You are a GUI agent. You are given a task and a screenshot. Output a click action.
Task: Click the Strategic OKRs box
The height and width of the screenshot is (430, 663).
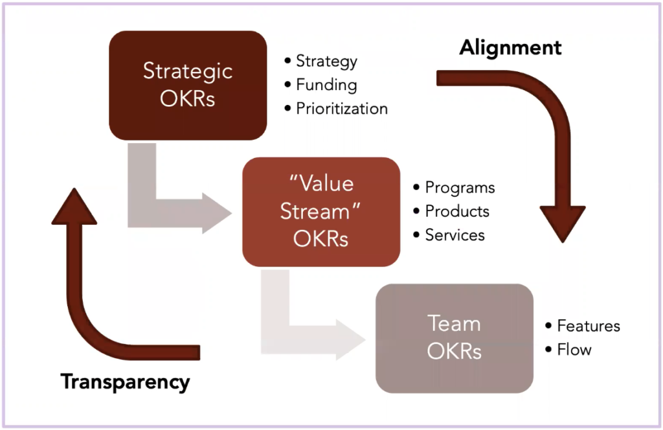tap(188, 85)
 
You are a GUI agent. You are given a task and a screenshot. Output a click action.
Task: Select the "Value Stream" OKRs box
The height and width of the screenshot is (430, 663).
tap(321, 212)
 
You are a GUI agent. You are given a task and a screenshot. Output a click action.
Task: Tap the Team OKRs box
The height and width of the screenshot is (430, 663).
tap(454, 338)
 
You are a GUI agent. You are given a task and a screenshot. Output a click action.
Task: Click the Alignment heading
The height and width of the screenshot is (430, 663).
tap(510, 47)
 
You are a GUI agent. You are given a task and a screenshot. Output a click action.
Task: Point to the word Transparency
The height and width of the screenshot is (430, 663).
tap(125, 382)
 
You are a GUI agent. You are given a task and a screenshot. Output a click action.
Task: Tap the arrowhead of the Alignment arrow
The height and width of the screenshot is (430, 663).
tap(563, 223)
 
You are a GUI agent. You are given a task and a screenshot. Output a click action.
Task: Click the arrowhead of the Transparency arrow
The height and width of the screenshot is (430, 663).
tap(74, 207)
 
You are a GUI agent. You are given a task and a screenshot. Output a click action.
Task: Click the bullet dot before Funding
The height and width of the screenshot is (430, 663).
tap(288, 85)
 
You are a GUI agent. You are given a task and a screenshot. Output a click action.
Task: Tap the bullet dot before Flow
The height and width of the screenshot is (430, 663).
tap(549, 349)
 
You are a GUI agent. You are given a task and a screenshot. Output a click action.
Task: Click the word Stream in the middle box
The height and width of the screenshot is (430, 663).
tap(315, 211)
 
